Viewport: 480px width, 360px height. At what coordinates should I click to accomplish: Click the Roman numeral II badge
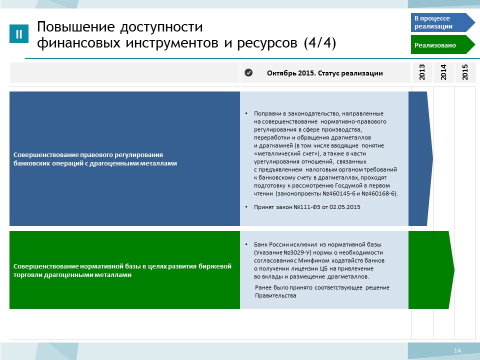coord(19,33)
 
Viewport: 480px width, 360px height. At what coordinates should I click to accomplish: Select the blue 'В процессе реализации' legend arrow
coord(442,22)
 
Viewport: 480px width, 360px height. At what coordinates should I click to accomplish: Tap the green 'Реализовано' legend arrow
coord(442,44)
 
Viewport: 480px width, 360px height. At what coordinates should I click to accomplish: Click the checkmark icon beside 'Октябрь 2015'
coord(248,72)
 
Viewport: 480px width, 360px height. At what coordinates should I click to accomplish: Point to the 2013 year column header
coord(422,72)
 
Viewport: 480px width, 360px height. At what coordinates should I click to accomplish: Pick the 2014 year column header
coord(443,72)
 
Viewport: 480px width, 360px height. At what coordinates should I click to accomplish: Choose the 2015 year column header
coord(465,72)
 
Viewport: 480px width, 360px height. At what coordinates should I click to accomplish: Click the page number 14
coord(457,350)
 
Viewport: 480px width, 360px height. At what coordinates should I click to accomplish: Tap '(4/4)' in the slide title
coord(320,42)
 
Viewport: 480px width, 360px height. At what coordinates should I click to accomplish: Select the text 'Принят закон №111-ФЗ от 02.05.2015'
coord(307,207)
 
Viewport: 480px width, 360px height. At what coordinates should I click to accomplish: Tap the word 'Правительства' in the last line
coord(275,295)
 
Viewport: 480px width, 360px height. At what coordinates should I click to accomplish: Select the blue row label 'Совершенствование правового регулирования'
coord(88,154)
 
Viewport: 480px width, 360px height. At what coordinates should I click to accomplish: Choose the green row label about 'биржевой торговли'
coord(122,270)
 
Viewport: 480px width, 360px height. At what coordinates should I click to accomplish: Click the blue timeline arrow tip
coord(433,158)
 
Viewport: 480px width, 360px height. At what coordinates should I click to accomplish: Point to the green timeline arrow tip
coord(454,269)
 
